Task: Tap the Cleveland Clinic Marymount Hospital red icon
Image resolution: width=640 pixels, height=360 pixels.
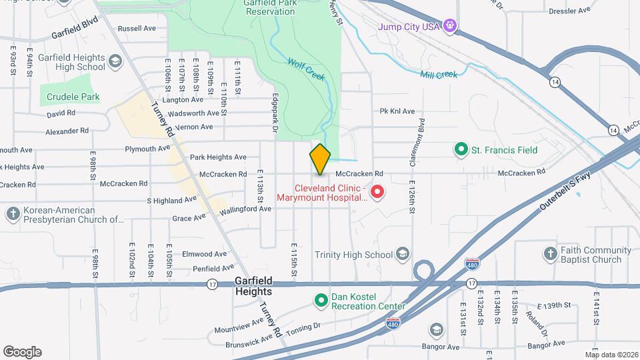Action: click(377, 193)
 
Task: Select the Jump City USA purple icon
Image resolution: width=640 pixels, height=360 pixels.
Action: click(451, 27)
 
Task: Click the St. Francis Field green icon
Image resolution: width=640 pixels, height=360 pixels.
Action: click(460, 150)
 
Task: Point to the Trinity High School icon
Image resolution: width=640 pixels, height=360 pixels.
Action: click(403, 254)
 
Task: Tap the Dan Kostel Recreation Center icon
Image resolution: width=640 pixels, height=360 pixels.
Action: click(321, 301)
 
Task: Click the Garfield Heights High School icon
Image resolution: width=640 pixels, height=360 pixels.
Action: click(115, 62)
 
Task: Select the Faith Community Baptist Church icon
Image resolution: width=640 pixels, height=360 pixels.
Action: click(550, 254)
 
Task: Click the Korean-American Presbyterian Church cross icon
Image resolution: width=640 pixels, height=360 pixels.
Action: click(13, 213)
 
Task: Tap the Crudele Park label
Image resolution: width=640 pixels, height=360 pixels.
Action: click(73, 97)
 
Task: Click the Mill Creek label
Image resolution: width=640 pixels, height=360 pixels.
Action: click(439, 75)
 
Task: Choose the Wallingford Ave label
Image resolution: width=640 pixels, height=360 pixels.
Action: click(247, 209)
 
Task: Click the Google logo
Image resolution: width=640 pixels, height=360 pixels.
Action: click(22, 352)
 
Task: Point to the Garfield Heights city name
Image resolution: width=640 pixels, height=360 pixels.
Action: click(253, 287)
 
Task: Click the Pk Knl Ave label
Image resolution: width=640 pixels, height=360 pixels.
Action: click(397, 111)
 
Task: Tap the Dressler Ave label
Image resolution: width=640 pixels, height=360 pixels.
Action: click(569, 11)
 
